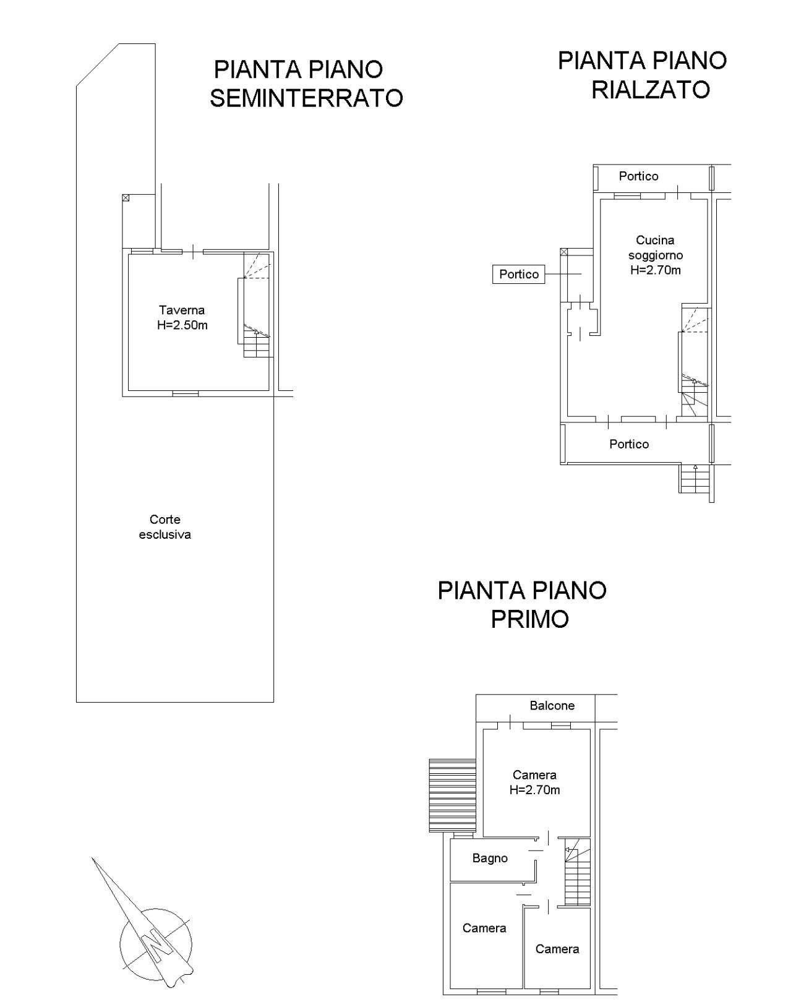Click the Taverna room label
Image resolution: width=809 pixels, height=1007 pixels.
tap(182, 310)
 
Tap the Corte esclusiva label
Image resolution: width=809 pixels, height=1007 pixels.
tap(165, 526)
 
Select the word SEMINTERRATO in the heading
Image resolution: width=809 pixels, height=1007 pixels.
tap(306, 98)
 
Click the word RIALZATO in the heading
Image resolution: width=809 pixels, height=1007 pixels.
tap(651, 90)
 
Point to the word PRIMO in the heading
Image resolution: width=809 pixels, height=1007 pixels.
tap(529, 619)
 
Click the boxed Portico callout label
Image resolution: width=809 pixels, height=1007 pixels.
tap(518, 274)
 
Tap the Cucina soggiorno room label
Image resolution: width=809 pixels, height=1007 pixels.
tap(655, 247)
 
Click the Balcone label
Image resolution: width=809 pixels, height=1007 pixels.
tap(552, 705)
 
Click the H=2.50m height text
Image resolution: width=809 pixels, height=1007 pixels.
tap(182, 325)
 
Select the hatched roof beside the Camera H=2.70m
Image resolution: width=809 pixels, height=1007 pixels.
tap(453, 795)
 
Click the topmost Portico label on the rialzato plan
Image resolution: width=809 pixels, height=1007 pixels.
tap(638, 176)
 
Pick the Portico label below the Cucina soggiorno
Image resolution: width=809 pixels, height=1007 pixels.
tap(629, 444)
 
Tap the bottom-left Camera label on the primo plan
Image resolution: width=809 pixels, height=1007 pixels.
tap(484, 928)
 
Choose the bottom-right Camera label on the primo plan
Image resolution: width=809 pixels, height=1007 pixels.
tap(557, 949)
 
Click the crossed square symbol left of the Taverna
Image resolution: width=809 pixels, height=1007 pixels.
tap(126, 198)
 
